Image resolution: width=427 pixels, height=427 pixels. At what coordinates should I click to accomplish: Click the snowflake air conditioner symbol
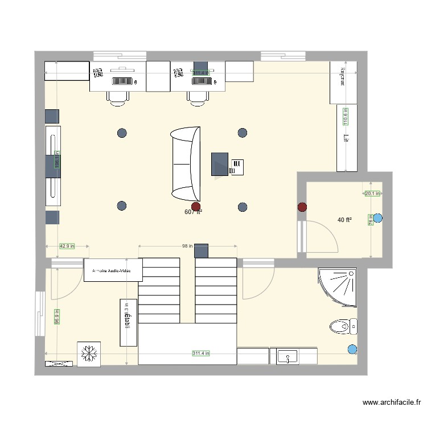click(x=89, y=354)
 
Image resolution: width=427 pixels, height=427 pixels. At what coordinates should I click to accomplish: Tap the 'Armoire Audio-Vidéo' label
click(x=112, y=272)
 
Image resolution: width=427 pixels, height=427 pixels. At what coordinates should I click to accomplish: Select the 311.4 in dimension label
click(x=200, y=354)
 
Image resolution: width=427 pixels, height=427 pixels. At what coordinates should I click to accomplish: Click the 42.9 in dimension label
click(x=67, y=246)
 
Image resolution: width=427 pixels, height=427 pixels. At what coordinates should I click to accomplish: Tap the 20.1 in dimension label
click(x=372, y=194)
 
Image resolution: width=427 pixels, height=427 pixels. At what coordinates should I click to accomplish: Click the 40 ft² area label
click(x=344, y=220)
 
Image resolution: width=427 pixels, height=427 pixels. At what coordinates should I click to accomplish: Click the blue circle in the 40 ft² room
click(x=379, y=217)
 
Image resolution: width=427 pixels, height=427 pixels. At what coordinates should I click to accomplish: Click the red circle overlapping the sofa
click(x=196, y=207)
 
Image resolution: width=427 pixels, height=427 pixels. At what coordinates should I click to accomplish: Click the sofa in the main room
click(x=186, y=164)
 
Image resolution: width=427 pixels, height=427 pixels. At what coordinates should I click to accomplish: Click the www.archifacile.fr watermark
click(x=393, y=403)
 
